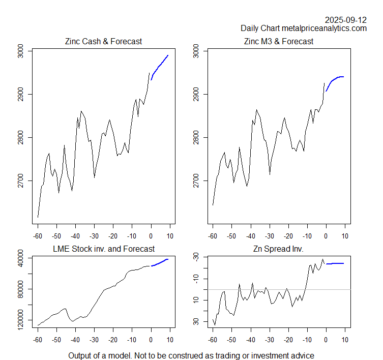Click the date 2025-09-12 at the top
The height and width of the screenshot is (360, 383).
[x=346, y=20]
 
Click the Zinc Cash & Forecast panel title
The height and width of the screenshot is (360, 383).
[x=103, y=41]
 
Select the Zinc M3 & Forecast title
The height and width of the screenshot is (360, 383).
[x=279, y=41]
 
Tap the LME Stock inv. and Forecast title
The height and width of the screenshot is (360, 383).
[x=103, y=249]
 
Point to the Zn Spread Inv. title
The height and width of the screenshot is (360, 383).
[x=279, y=249]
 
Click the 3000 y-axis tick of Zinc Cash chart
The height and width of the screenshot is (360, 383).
[x=20, y=51]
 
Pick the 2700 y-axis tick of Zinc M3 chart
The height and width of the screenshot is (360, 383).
[x=196, y=181]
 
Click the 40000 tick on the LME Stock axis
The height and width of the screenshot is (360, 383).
[x=20, y=258]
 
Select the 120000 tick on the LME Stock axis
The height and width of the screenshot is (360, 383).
[x=20, y=320]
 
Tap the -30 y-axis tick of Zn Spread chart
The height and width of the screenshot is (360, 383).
[x=196, y=258]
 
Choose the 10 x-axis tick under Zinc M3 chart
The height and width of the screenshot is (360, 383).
[x=345, y=236]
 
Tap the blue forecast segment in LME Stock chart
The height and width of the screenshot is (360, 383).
[x=160, y=262]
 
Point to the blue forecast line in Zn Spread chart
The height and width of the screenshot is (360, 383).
[x=335, y=263]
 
